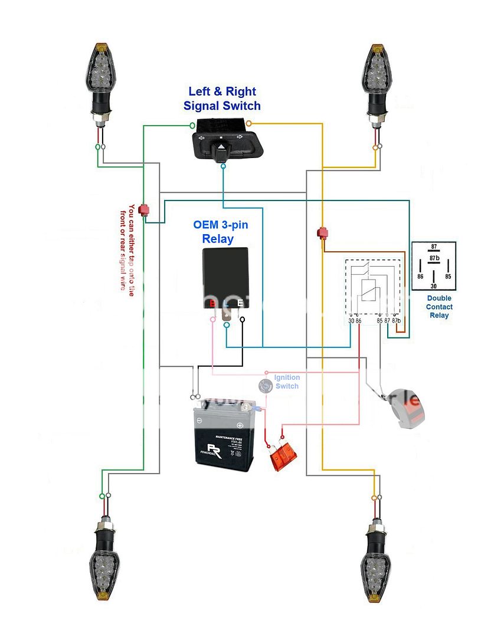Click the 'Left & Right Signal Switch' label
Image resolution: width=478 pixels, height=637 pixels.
tap(222, 98)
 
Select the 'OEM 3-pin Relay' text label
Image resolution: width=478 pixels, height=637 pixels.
tap(218, 232)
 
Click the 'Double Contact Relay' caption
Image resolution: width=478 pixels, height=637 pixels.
tap(439, 307)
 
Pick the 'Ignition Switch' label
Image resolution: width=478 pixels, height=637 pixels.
tap(287, 382)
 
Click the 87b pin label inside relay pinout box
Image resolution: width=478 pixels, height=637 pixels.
tap(434, 258)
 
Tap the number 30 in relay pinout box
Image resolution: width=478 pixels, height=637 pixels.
tap(434, 284)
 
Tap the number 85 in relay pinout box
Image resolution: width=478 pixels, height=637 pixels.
tap(448, 275)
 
